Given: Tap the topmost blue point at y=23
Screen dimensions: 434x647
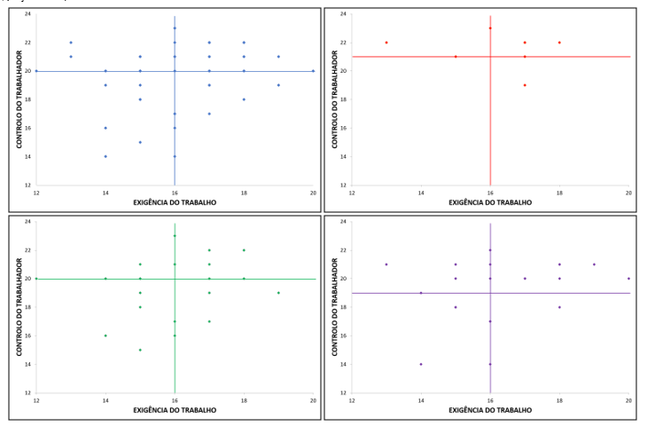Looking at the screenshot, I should click(x=175, y=28).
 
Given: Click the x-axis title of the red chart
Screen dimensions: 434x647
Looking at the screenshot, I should click(x=490, y=202).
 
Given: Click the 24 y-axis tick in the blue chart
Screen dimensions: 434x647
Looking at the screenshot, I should click(x=27, y=14).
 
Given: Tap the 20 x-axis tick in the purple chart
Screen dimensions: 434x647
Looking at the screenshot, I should click(x=628, y=400).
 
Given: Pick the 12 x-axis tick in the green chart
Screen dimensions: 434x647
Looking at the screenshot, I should click(x=36, y=400).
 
